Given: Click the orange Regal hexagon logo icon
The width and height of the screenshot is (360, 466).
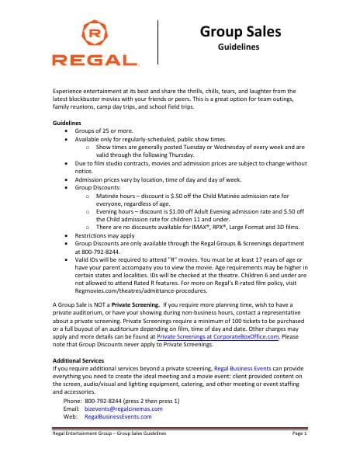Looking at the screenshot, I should pos(95,35).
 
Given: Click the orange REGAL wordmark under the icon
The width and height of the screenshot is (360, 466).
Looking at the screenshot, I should pos(95,59).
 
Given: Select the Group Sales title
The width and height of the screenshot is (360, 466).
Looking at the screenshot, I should pos(241,32).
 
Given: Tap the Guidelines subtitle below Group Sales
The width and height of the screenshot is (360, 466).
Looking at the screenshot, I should pos(241,47).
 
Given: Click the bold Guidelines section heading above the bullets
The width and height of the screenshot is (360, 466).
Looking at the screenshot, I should pos(67,124).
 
